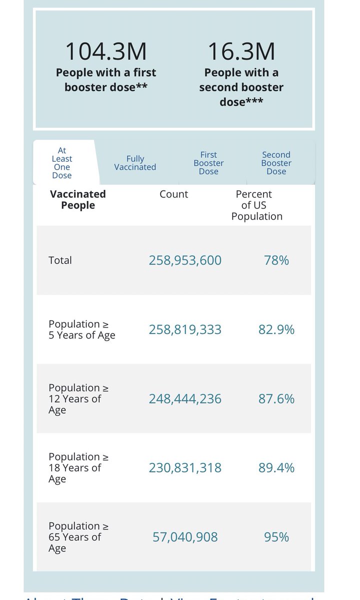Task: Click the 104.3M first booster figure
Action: [x=106, y=51]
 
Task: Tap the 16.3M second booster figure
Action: [x=241, y=51]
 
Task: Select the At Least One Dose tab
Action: [x=62, y=163]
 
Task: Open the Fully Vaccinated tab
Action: [x=135, y=163]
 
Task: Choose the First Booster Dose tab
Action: [x=208, y=163]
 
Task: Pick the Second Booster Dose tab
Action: [x=276, y=163]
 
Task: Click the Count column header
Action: [x=174, y=194]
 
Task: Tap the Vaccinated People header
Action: [x=78, y=199]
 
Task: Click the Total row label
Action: [x=60, y=260]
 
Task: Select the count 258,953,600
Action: [x=185, y=260]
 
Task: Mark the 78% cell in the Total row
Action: [x=276, y=260]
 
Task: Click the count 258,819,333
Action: [x=185, y=329]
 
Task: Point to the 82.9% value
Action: [x=276, y=329]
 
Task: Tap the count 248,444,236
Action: [x=185, y=398]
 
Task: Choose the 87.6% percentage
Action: [x=276, y=398]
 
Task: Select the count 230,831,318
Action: [x=185, y=467]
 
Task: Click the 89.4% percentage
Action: [x=276, y=467]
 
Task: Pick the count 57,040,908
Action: [x=185, y=537]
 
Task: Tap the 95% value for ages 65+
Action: [x=276, y=537]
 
